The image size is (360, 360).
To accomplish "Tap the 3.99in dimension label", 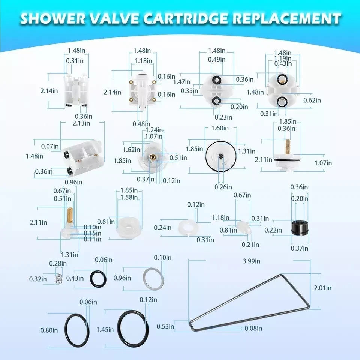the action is coord(251,261).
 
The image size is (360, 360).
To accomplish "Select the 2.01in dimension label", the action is coord(322,288).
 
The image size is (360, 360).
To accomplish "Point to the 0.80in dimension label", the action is coord(49,330).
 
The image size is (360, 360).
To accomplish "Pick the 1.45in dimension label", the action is coord(105,330).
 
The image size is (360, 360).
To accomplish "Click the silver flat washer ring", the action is coord(154,278).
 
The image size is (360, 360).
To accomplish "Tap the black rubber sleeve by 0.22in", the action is coord(299,228).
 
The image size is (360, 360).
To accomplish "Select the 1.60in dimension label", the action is coord(220,128).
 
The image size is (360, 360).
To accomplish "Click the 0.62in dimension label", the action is coord(312,100).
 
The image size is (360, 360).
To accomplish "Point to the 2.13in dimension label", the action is coord(81,123).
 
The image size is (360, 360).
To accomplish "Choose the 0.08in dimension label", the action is coord(253,328).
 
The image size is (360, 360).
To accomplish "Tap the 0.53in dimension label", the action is coord(165,326).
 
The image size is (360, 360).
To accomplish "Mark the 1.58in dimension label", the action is coord(129,197).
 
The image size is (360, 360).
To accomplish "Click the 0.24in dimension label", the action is coord(162,228).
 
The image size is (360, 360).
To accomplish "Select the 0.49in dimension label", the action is coord(217,59).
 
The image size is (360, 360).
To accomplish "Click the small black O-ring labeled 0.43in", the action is coord(98,279).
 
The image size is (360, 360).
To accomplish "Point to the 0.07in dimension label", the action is coord(50,146).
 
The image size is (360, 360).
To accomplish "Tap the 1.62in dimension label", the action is coord(131,150).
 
